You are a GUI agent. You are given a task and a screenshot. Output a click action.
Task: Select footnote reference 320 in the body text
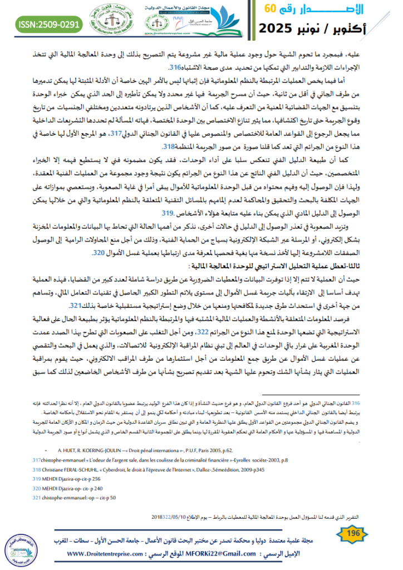[99, 253]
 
